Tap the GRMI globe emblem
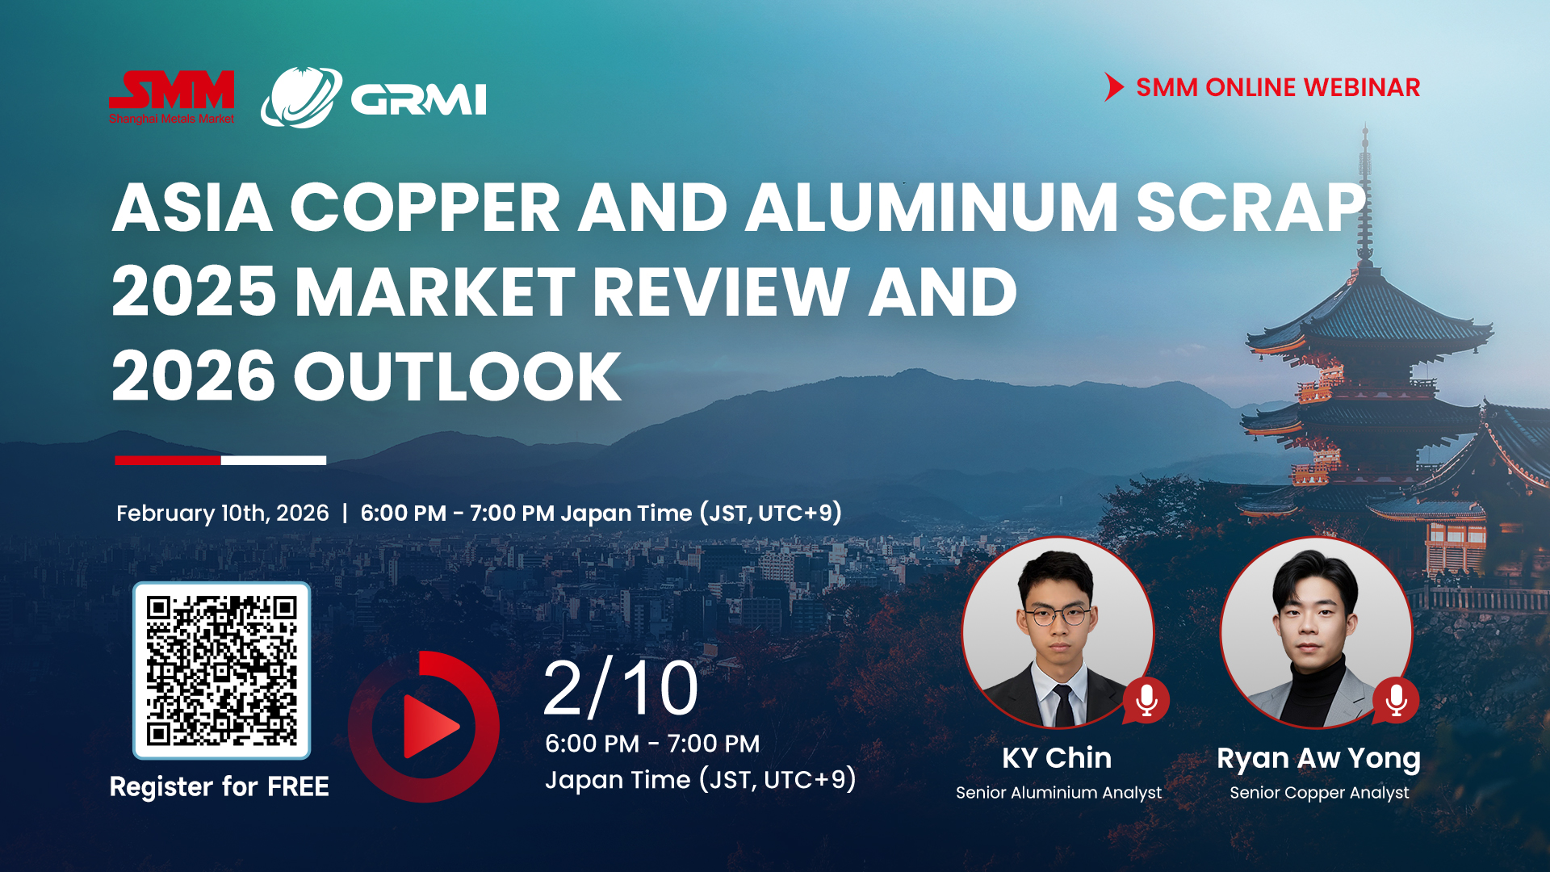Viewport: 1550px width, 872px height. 301,98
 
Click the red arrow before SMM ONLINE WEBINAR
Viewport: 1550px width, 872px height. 1114,87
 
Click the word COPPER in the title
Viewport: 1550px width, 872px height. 425,208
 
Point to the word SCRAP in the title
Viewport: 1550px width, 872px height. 1251,208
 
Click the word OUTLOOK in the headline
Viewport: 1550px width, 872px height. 458,376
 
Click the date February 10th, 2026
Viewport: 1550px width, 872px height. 223,514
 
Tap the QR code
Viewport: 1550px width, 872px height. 222,671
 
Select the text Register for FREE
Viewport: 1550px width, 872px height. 220,786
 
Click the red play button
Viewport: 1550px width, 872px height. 424,726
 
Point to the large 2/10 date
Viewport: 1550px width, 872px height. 621,689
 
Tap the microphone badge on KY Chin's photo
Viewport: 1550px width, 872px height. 1146,700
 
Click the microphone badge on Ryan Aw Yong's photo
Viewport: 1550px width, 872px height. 1396,700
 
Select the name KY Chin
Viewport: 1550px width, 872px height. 1057,758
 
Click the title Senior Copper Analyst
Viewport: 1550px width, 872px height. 1319,793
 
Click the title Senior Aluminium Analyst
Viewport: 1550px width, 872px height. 1058,793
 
